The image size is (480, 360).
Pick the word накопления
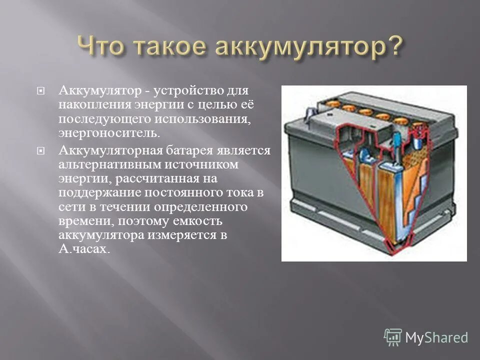pos(94,105)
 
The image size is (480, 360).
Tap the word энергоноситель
pos(110,133)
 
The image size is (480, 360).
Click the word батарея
pos(193,150)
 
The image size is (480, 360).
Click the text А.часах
pos(83,248)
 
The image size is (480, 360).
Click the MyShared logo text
pos(436,337)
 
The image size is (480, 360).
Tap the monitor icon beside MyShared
pos(393,337)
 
